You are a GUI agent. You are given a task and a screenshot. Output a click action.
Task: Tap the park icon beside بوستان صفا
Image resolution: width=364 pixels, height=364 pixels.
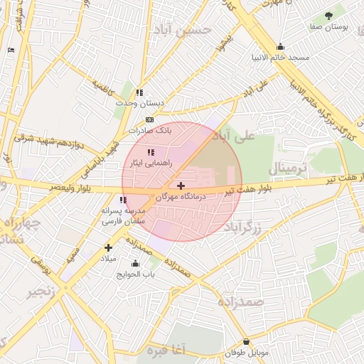(x=328, y=16)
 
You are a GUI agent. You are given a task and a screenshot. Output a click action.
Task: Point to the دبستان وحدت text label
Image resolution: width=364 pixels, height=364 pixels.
(x=140, y=103)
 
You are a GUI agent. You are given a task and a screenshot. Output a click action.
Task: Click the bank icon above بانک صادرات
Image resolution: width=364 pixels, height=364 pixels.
(x=149, y=119)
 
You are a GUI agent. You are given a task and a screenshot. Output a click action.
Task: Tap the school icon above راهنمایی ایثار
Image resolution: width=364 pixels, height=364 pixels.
(x=150, y=152)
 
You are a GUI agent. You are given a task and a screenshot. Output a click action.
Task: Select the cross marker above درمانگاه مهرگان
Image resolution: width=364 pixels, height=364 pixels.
(x=181, y=185)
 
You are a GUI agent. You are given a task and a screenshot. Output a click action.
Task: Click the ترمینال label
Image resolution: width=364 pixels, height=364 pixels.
(x=287, y=168)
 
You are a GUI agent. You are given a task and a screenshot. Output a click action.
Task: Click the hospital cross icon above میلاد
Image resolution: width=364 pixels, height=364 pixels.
(x=108, y=247)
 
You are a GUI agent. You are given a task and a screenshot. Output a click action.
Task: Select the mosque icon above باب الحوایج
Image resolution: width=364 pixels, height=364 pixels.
(x=135, y=264)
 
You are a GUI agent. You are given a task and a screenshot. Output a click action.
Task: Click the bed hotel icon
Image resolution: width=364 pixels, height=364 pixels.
(x=11, y=50)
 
